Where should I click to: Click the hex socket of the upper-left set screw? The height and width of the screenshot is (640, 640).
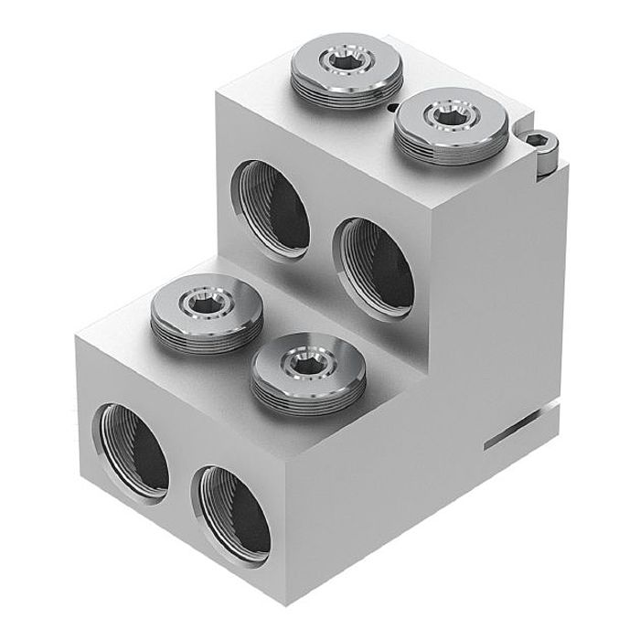pos(346,62)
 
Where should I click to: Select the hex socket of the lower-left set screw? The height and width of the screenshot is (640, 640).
pos(202,301)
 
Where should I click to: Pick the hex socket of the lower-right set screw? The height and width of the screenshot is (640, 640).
pos(301,364)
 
